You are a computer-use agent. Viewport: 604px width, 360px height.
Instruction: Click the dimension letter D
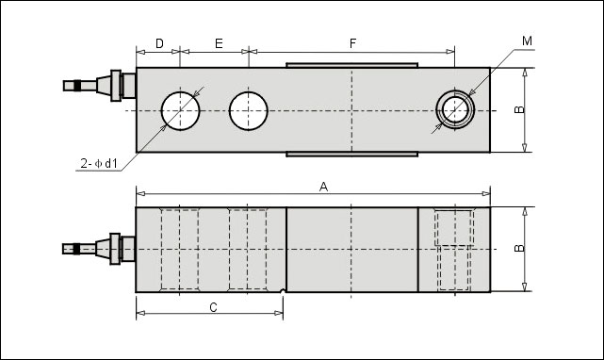[x=159, y=43]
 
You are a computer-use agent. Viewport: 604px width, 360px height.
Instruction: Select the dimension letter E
[x=219, y=43]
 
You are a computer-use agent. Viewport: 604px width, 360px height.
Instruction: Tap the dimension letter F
[x=352, y=43]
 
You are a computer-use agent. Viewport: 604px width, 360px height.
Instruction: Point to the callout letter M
[x=527, y=41]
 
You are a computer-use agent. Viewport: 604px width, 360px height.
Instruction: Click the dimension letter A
[x=323, y=187]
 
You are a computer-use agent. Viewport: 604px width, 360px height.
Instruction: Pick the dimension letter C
[x=213, y=307]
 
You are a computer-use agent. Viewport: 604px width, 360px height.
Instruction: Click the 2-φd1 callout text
[x=99, y=164]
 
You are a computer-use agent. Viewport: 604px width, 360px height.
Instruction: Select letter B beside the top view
[x=519, y=110]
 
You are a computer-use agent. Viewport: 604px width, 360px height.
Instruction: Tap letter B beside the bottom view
[x=519, y=248]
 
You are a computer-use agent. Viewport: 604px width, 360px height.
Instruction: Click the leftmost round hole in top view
[x=180, y=111]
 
